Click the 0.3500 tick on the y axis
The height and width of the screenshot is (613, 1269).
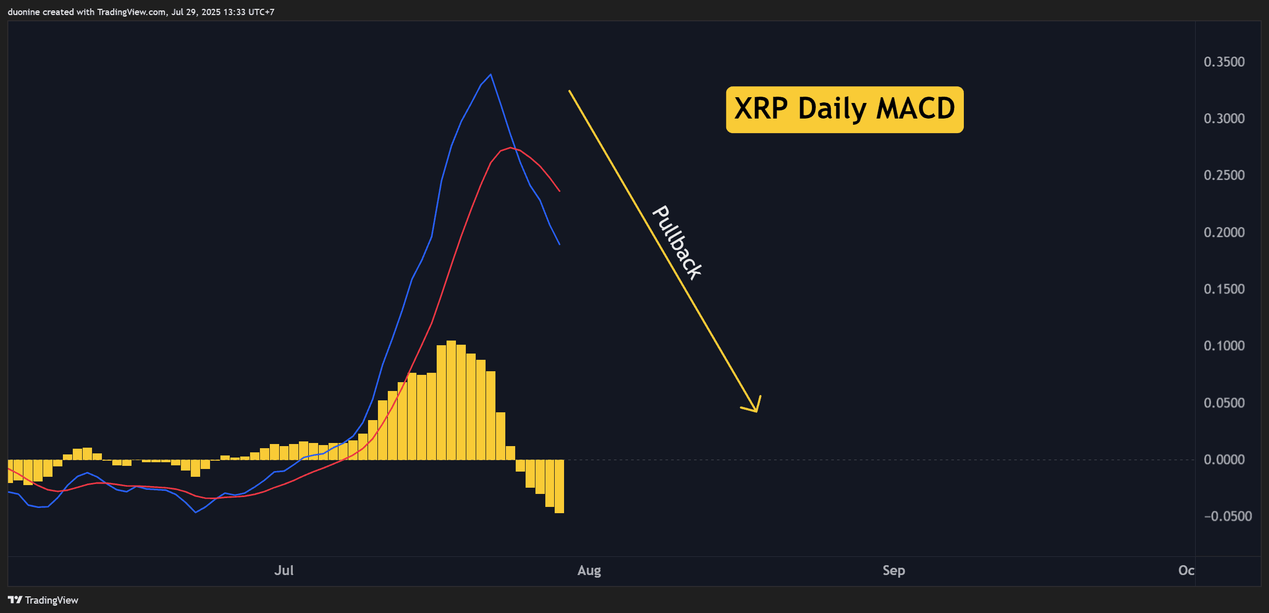(x=1224, y=62)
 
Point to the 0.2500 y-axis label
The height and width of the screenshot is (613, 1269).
(x=1224, y=175)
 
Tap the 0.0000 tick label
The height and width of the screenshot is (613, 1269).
(x=1224, y=460)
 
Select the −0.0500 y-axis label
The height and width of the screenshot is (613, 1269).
(x=1227, y=516)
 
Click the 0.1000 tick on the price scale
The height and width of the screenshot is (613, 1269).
(x=1224, y=346)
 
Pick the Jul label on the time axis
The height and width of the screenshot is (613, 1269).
(x=284, y=570)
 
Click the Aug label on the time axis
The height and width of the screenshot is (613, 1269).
(x=589, y=571)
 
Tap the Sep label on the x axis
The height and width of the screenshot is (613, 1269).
(x=894, y=571)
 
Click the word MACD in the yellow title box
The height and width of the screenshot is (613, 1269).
(x=915, y=109)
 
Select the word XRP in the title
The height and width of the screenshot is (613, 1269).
(x=761, y=109)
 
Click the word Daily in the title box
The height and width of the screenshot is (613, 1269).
(x=832, y=109)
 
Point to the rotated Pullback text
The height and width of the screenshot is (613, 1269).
(x=677, y=243)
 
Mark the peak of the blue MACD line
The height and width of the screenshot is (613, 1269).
(x=491, y=75)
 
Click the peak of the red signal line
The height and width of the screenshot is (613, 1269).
(x=510, y=148)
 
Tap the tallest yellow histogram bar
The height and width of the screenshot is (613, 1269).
(x=451, y=400)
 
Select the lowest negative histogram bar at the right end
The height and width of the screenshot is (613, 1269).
(x=559, y=486)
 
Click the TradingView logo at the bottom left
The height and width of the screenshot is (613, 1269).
(x=43, y=600)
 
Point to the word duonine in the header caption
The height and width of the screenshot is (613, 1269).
(x=24, y=12)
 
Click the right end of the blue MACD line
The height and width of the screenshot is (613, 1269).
(x=559, y=244)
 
